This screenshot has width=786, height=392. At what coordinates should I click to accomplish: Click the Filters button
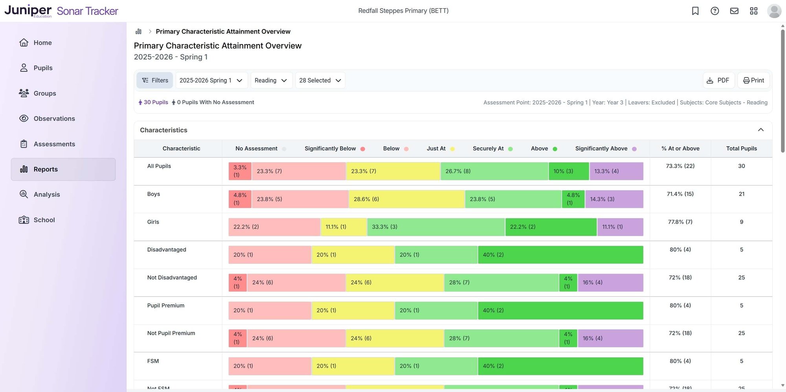[155, 80]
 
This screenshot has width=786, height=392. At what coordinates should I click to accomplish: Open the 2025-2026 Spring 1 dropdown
[211, 80]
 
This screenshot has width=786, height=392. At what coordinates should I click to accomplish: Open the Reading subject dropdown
[271, 80]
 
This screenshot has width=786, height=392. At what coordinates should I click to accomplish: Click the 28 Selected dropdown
[320, 80]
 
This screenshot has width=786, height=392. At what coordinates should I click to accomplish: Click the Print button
[753, 80]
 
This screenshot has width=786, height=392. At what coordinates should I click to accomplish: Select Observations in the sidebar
[54, 118]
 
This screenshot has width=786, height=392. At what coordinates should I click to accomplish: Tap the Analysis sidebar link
[46, 194]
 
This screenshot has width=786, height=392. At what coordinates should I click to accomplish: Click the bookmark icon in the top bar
[695, 11]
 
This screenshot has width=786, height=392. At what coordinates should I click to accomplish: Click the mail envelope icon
[734, 11]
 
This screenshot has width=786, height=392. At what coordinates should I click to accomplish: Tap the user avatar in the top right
[774, 11]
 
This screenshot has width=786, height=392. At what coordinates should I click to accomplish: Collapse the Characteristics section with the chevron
[761, 130]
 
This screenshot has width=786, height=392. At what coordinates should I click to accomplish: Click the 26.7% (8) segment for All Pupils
[494, 171]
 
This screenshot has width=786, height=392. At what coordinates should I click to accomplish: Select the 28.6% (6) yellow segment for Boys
[406, 199]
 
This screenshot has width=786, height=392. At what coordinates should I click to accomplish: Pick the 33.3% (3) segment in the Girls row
[435, 227]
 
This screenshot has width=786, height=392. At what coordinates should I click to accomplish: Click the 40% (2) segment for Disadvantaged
[560, 255]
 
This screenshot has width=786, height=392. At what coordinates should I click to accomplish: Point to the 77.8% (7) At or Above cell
[680, 222]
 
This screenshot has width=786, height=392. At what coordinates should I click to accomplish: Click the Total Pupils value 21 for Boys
[741, 194]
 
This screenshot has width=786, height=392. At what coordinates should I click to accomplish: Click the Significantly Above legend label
[601, 149]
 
